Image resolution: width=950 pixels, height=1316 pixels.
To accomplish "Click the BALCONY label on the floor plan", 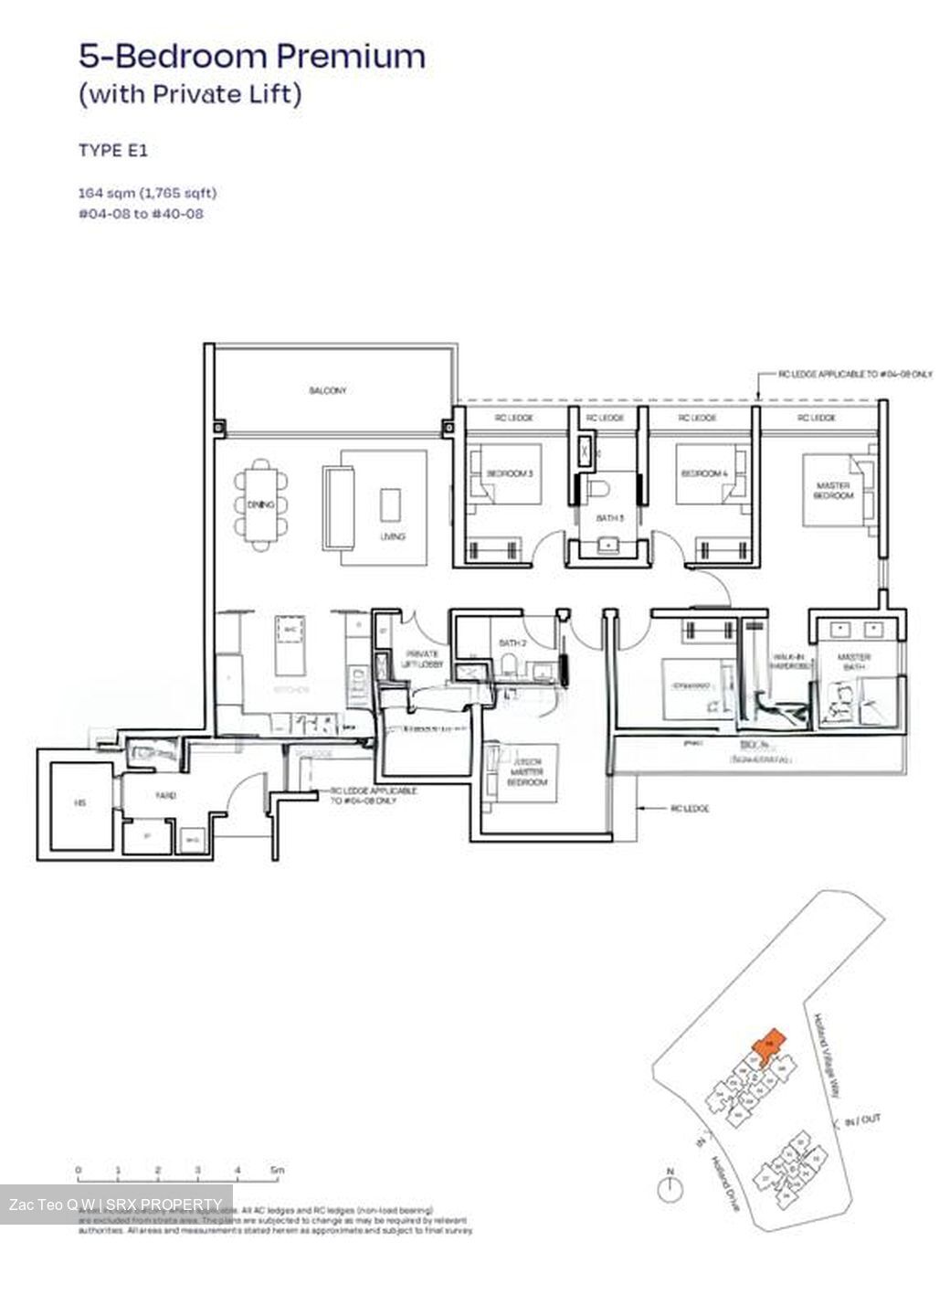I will click(x=327, y=390).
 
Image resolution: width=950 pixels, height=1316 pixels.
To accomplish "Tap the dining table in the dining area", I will click(x=261, y=504).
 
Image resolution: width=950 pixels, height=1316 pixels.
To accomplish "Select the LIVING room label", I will click(x=393, y=536).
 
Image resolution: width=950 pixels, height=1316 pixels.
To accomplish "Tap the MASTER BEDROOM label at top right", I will click(x=832, y=490).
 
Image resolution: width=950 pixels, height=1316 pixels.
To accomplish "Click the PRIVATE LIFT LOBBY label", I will click(x=421, y=659).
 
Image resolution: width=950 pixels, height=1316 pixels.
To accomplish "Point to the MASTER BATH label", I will click(x=856, y=663).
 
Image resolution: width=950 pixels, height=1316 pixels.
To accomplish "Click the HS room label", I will click(x=80, y=803).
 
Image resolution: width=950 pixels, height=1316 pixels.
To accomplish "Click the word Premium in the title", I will click(x=351, y=57).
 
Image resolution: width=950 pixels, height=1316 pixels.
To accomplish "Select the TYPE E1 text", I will click(x=112, y=151).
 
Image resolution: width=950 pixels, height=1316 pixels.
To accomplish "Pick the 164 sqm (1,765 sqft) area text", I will click(x=147, y=193).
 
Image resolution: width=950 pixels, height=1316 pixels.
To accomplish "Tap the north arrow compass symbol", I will click(x=670, y=1187).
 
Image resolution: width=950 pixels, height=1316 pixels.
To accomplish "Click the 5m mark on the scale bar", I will click(x=277, y=1170).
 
